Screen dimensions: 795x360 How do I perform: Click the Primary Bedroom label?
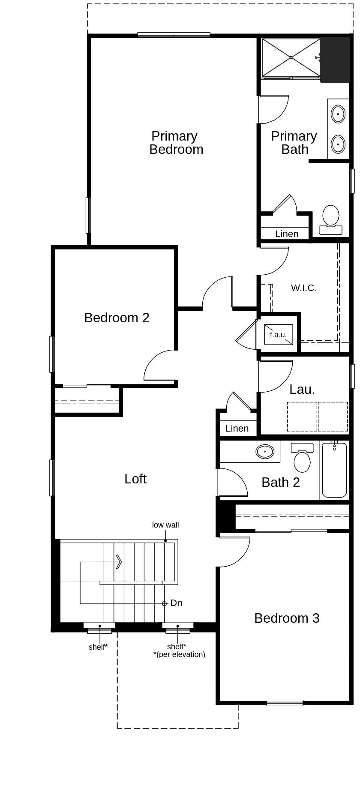click(x=176, y=143)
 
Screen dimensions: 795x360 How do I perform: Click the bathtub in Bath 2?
click(x=334, y=471)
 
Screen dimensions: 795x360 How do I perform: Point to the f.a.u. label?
click(x=278, y=335)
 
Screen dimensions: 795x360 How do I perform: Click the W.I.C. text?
click(x=304, y=288)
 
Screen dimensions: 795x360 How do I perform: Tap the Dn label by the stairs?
click(x=176, y=603)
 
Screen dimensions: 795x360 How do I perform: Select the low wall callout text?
click(x=165, y=525)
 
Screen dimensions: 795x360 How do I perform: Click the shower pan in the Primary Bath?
click(x=291, y=57)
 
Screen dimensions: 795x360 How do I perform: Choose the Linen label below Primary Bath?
click(x=287, y=234)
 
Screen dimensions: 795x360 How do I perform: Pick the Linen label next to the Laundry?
click(x=237, y=429)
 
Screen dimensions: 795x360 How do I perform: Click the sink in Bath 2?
click(x=265, y=451)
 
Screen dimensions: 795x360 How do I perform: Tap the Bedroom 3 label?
click(x=287, y=618)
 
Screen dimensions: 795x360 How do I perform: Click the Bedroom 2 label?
click(x=117, y=318)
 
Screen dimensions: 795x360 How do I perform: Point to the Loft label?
click(x=135, y=479)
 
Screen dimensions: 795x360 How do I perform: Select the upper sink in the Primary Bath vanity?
click(x=338, y=114)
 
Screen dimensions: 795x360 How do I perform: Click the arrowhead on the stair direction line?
click(x=119, y=561)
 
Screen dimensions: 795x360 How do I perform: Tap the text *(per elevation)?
click(x=179, y=654)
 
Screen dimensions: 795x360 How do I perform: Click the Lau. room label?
click(x=302, y=390)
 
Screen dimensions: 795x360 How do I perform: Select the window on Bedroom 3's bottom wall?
click(x=285, y=703)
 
